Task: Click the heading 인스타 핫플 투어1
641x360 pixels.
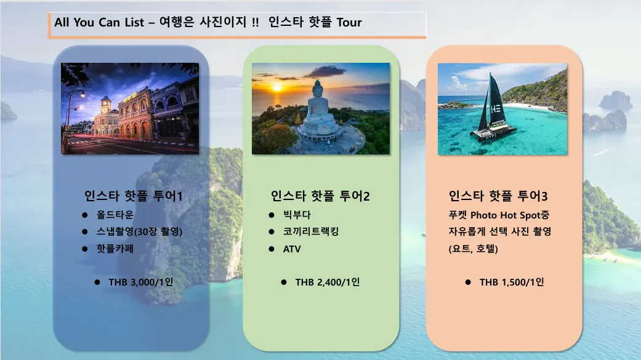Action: (133, 196)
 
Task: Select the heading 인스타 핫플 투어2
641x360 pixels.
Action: (320, 196)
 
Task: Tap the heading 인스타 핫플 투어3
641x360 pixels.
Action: (498, 196)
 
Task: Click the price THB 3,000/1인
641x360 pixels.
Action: (140, 282)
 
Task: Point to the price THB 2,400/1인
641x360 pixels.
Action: (328, 282)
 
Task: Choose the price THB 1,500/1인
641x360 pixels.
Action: (512, 282)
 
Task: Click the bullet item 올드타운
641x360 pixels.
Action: (115, 215)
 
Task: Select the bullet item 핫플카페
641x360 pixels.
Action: (115, 249)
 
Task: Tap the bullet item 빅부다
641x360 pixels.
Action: (297, 215)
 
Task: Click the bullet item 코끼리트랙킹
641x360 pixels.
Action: (311, 231)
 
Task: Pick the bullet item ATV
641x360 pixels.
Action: (292, 249)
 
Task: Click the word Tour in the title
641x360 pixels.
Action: (349, 22)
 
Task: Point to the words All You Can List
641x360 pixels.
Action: (99, 22)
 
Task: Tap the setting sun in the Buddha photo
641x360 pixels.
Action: (277, 87)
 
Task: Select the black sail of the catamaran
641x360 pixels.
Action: (496, 100)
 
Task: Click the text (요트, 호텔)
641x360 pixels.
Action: (474, 249)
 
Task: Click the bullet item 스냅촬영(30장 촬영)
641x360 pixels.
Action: (139, 231)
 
